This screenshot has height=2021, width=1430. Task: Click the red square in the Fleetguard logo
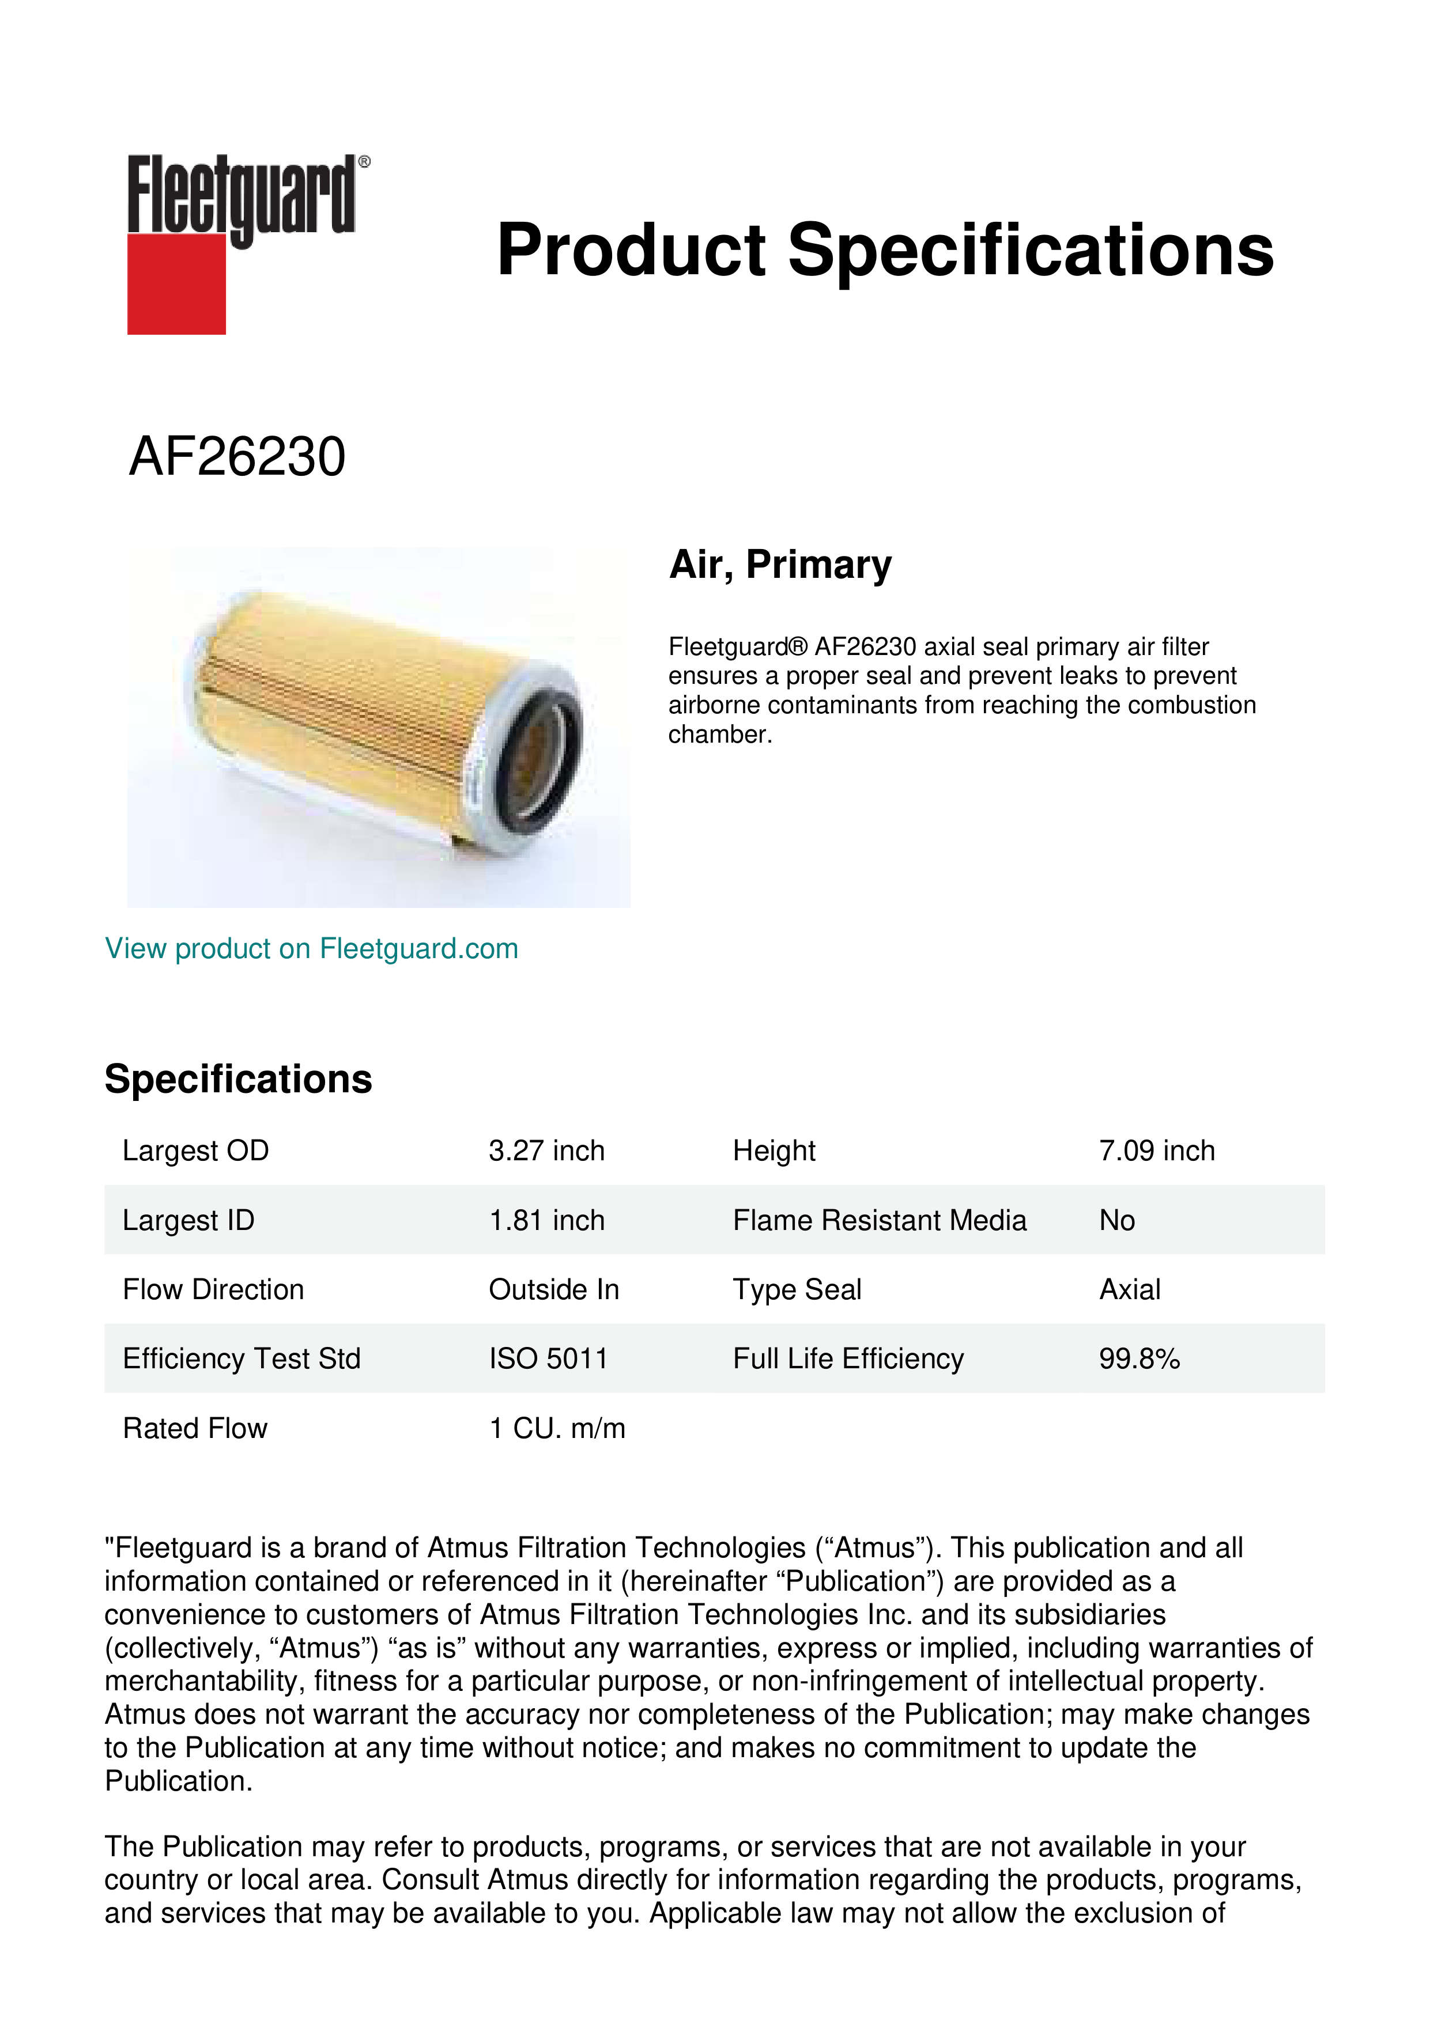pos(176,283)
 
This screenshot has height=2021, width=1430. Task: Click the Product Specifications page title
pos(885,250)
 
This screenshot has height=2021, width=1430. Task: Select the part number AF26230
pos(237,457)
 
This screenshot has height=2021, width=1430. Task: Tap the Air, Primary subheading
pos(780,565)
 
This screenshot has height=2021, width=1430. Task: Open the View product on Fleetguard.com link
pos(311,949)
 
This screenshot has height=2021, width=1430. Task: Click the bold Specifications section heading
pos(237,1079)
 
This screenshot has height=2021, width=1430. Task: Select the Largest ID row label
pos(188,1220)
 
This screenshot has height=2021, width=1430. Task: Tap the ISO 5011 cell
pos(548,1359)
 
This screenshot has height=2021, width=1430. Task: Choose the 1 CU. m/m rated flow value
pos(557,1429)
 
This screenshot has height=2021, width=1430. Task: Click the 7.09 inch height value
pos(1156,1150)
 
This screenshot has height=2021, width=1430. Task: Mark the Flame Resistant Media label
pos(879,1220)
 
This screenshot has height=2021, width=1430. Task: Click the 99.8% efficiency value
pos(1138,1359)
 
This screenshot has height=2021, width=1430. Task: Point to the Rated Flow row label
pos(195,1429)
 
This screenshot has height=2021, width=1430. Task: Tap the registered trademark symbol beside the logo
pos(364,162)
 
